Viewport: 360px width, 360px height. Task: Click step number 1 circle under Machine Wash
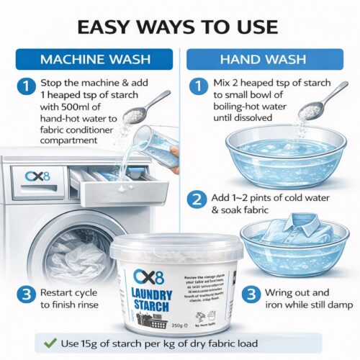pyautogui.click(x=26, y=87)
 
